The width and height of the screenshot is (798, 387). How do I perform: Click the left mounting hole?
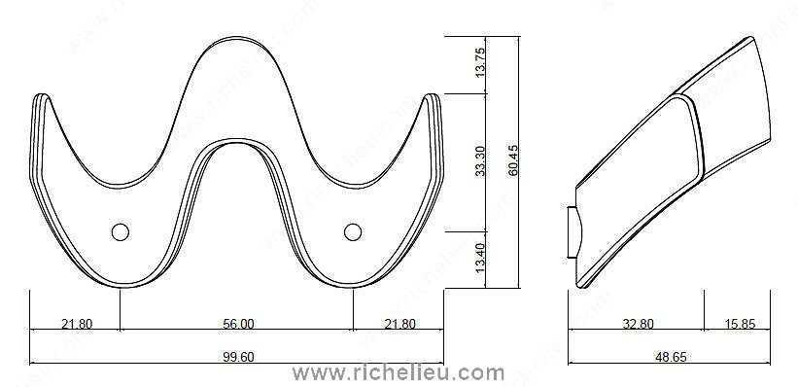click(121, 232)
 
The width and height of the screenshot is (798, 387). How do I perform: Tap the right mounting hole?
click(353, 232)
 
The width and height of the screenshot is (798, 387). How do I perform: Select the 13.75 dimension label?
click(479, 62)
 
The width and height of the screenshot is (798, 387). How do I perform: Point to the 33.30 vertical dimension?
click(479, 161)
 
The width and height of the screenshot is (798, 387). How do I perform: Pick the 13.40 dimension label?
click(479, 259)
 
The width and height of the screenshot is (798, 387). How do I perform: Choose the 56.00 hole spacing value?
click(238, 324)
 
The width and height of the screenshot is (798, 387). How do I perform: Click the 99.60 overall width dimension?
click(238, 358)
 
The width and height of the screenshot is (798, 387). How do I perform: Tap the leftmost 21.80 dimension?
click(77, 324)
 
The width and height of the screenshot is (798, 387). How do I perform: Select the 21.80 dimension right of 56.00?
click(399, 324)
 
